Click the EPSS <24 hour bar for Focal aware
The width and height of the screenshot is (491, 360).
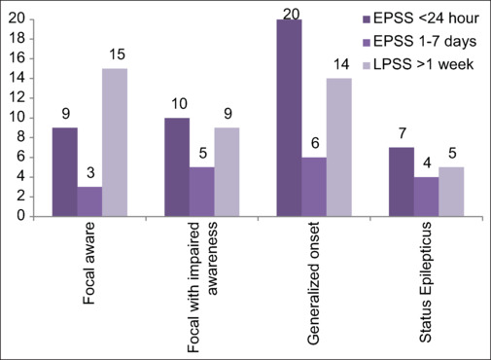[65, 172]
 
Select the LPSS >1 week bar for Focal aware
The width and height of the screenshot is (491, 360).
[115, 142]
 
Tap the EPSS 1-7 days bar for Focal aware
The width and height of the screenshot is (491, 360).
[89, 201]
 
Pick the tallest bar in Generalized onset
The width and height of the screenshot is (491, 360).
[289, 118]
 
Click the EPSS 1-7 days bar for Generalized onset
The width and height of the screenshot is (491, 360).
[314, 187]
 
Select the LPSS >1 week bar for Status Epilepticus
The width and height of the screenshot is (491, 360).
[451, 192]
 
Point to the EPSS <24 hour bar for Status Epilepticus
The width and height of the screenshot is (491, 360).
[402, 182]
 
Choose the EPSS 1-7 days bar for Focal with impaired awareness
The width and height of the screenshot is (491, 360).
[202, 192]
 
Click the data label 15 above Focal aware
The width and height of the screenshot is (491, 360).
[117, 54]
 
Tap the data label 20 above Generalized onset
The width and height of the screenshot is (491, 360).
[291, 15]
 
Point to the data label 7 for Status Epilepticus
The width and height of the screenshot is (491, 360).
[403, 133]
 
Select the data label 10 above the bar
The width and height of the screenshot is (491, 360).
[179, 104]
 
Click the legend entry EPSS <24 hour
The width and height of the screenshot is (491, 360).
[421, 18]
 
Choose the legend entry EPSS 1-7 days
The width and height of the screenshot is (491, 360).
[420, 42]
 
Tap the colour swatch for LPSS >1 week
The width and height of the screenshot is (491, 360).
[367, 65]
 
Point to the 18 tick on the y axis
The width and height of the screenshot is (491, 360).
[17, 39]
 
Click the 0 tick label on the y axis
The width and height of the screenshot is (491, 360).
[21, 216]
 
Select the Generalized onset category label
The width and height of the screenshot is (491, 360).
[313, 283]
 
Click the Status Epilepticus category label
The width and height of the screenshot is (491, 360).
[425, 282]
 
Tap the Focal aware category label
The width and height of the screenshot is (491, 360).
[89, 263]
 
